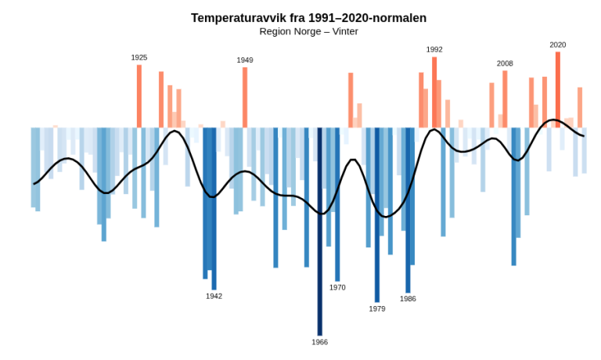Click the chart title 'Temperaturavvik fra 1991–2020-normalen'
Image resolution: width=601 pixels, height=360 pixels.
[x=308, y=18]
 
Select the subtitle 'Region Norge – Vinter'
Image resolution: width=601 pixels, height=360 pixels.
[x=308, y=31]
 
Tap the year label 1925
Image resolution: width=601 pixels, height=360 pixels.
[x=139, y=58]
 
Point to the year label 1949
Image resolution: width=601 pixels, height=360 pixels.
[x=245, y=60]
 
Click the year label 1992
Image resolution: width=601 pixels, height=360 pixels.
[x=434, y=49]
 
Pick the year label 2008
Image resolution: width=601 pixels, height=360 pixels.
[x=505, y=63]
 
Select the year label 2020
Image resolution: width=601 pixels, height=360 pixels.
[x=558, y=45]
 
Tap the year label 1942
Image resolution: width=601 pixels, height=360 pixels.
[x=214, y=296]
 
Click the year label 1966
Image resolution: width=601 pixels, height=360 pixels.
[x=319, y=342]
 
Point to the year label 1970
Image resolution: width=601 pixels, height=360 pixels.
[x=337, y=287]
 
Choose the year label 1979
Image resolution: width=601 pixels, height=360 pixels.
[x=377, y=308]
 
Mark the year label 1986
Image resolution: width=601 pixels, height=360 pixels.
[x=408, y=298]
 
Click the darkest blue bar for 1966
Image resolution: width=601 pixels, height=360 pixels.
[x=319, y=235]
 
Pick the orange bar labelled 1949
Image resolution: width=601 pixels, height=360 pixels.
[x=245, y=98]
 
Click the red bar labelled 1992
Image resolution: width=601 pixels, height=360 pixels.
[x=434, y=92]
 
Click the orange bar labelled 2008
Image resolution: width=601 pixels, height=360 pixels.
[x=505, y=99]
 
